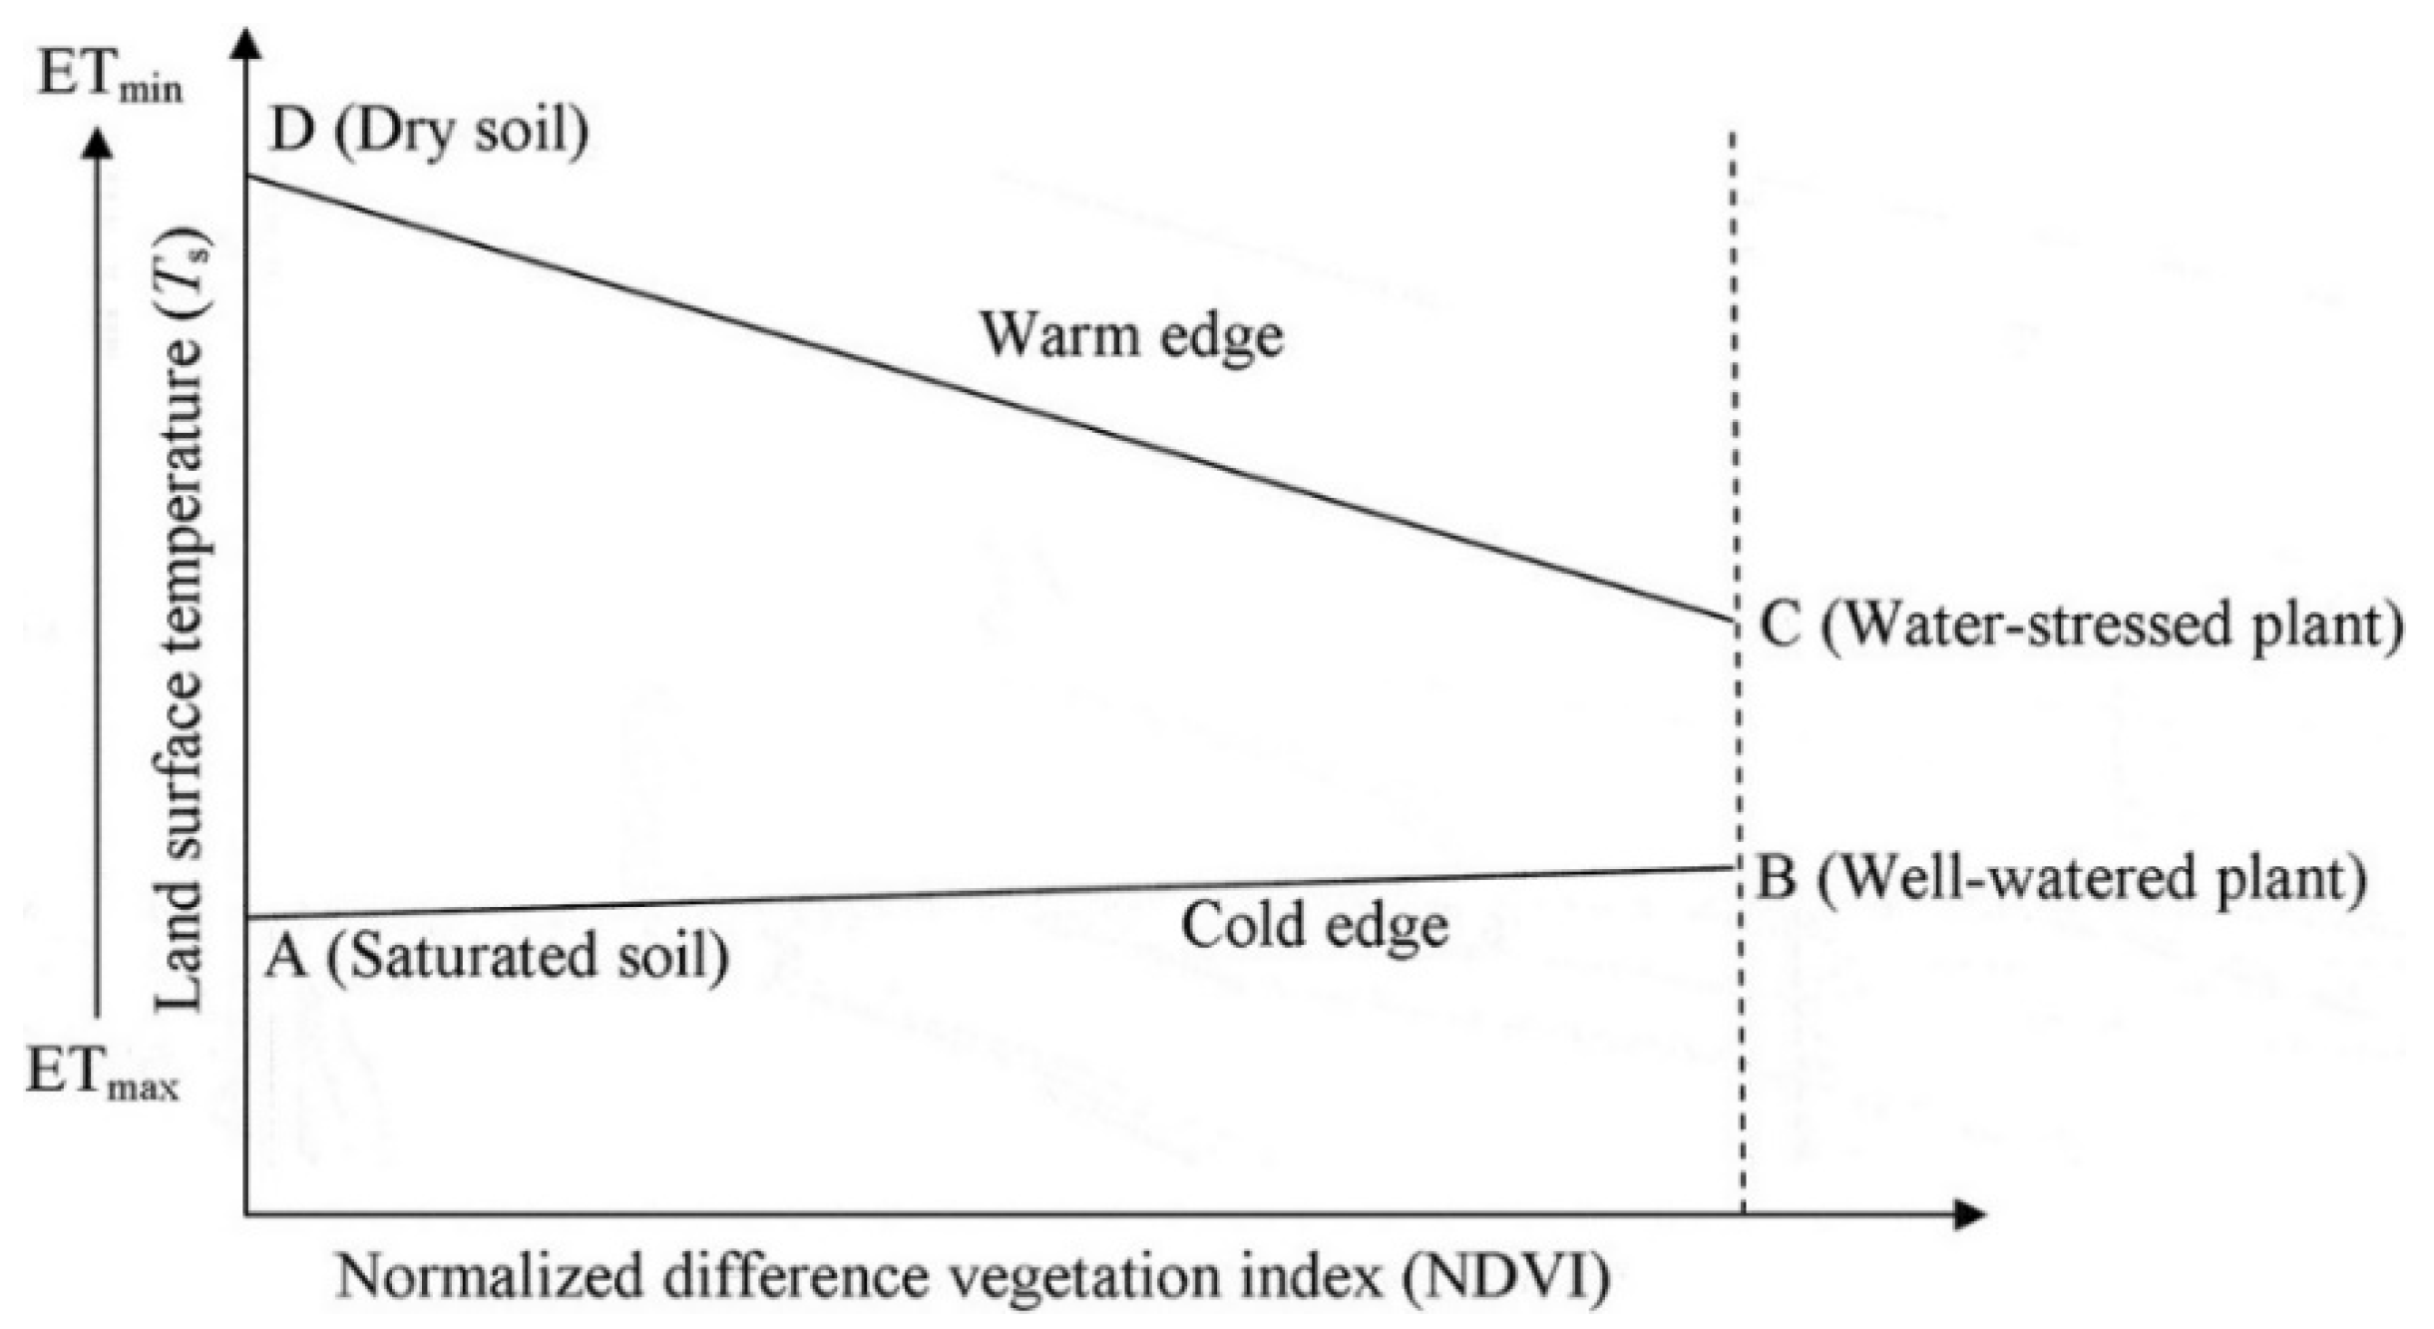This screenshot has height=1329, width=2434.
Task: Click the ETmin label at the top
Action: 110,76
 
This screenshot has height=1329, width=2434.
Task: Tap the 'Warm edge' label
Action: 1130,335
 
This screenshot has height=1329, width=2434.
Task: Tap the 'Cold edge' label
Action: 1314,926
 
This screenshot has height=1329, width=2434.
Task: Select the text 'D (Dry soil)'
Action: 429,131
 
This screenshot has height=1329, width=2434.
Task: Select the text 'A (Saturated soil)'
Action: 496,956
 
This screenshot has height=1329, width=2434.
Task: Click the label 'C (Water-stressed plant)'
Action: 2080,627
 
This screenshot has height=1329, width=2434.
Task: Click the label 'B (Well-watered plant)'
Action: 2061,878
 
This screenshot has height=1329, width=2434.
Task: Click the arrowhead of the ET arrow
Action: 97,145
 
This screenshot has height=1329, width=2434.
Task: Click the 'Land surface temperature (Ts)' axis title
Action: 181,619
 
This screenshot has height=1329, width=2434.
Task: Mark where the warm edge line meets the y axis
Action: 246,177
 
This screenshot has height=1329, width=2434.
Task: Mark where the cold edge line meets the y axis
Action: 246,916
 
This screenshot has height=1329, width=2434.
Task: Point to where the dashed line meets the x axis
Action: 1743,1213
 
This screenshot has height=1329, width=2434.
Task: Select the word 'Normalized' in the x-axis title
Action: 489,1277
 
